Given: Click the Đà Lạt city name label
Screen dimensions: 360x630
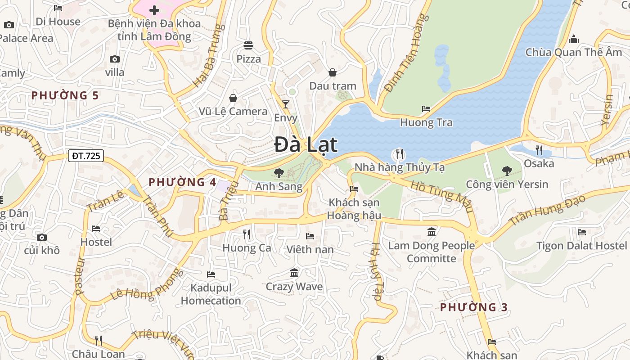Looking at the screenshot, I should (306, 145).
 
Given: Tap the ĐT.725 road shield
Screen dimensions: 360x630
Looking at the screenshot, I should (86, 156).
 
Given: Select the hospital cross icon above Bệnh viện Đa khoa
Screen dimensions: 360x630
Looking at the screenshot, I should (154, 10).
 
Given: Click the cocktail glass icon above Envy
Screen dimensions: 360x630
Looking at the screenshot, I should (286, 104).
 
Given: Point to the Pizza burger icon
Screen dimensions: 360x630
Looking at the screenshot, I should (248, 45).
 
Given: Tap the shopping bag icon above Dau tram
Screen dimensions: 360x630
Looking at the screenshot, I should (333, 72).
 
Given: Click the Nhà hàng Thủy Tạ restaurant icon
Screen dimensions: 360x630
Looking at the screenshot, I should (399, 154).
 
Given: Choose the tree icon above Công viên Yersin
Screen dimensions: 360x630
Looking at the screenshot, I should (507, 171).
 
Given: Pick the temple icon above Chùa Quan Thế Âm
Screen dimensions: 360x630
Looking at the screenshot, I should (573, 39).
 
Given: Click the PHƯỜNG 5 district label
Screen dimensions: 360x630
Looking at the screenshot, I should (65, 95).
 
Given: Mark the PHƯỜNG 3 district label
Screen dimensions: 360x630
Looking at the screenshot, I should (473, 307).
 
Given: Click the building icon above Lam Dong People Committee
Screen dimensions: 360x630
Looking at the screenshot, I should (432, 232).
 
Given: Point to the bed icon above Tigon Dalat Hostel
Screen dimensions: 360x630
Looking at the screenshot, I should (581, 232).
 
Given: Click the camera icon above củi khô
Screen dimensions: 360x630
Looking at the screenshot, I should (42, 237).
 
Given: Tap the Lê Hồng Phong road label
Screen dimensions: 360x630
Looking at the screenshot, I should (147, 285).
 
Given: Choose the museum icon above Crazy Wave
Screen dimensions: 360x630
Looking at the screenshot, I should (294, 273).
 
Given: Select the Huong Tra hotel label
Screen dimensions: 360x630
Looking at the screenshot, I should (426, 122).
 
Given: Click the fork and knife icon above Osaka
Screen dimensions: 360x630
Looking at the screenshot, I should (539, 150).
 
